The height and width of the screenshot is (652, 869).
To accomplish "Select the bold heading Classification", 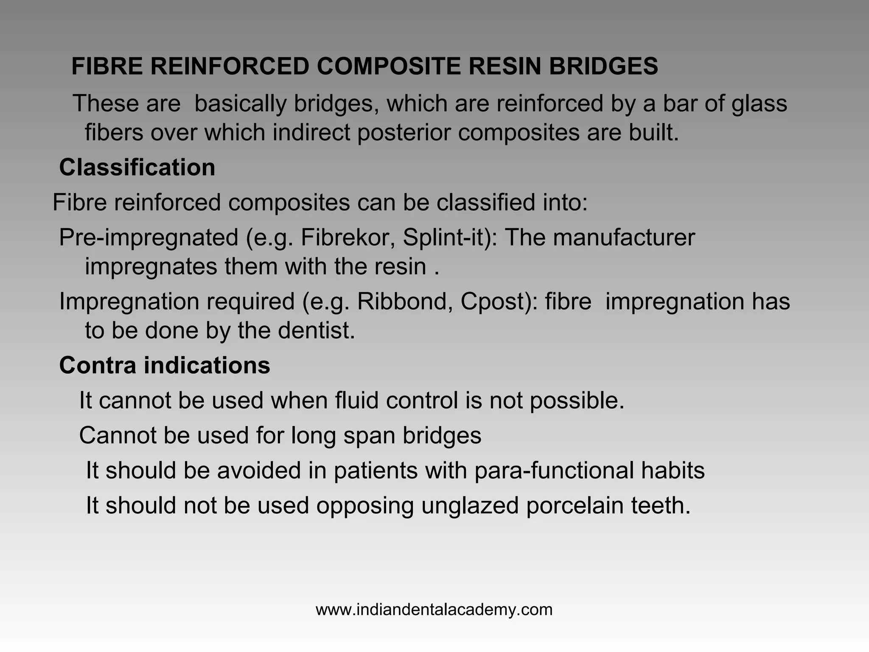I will (x=137, y=167).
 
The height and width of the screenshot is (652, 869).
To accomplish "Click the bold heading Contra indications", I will (x=165, y=365).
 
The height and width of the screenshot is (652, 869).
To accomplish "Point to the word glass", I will (x=759, y=104).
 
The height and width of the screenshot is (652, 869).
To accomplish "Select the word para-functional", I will (x=554, y=470).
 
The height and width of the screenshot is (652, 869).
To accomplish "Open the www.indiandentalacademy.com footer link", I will (x=434, y=610).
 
